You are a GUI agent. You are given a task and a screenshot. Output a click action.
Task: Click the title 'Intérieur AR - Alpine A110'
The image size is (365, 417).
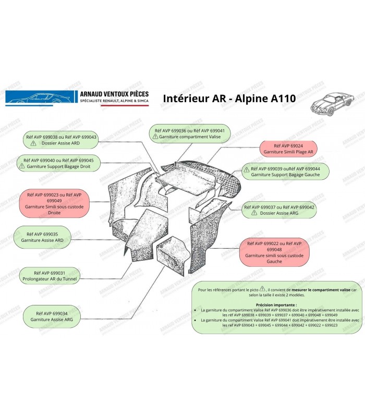tap(230, 99)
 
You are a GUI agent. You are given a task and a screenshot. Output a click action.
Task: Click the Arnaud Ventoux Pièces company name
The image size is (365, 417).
tap(114, 93)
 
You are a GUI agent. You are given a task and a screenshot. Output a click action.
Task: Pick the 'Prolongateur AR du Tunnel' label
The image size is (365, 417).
tap(50, 276)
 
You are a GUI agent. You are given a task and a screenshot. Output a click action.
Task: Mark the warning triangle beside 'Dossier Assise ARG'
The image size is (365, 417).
tap(254, 213)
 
